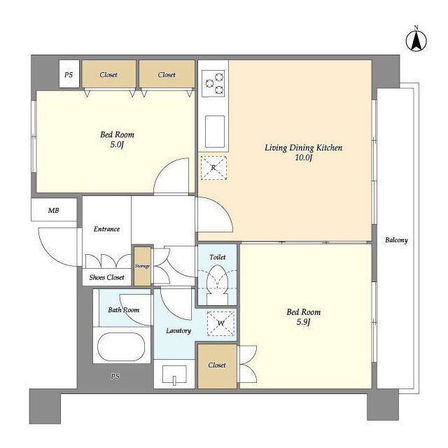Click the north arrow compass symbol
pyautogui.click(x=416, y=40)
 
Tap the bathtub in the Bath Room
pyautogui.click(x=121, y=346)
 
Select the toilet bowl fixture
pyautogui.click(x=218, y=285)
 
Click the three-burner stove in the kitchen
pyautogui.click(x=214, y=83)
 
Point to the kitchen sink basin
pyautogui.click(x=215, y=132)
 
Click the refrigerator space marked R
pyautogui.click(x=213, y=168)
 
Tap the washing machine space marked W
pyautogui.click(x=221, y=323)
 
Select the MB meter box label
pyautogui.click(x=53, y=211)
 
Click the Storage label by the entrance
pyautogui.click(x=142, y=266)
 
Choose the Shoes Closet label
pyautogui.click(x=106, y=277)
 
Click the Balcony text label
pyautogui.click(x=396, y=240)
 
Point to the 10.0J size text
pyautogui.click(x=303, y=157)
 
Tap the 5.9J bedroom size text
pyautogui.click(x=303, y=322)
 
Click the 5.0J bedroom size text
pyautogui.click(x=117, y=145)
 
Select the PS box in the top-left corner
pyautogui.click(x=69, y=73)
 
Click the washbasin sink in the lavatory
pyautogui.click(x=174, y=374)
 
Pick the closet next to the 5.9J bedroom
pyautogui.click(x=217, y=366)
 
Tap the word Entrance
pyautogui.click(x=106, y=229)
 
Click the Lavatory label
pyautogui.click(x=178, y=330)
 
